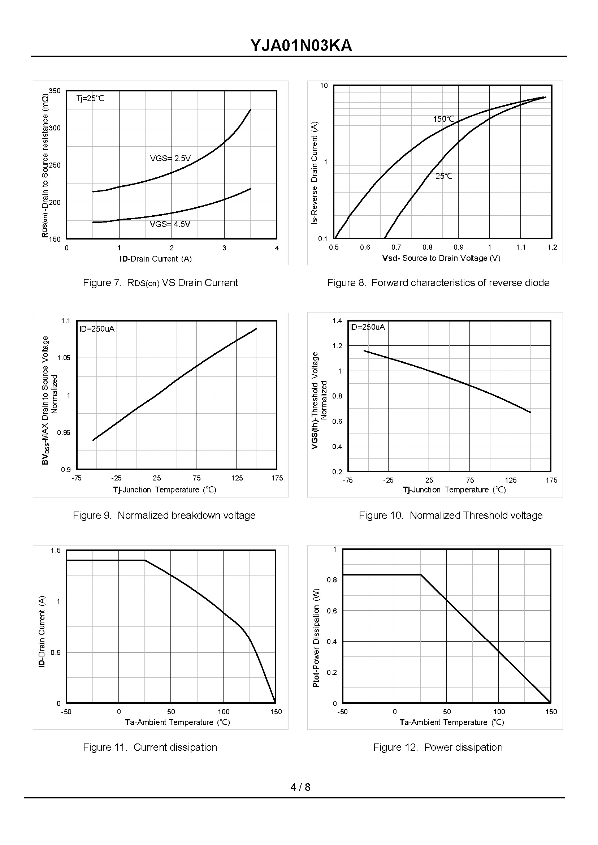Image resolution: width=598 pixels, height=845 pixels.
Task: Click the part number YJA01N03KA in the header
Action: pos(301,46)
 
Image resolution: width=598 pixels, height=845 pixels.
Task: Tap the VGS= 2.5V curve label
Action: pos(170,158)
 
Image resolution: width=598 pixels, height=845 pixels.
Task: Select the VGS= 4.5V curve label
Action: pos(170,224)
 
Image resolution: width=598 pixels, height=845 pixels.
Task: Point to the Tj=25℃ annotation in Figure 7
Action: pos(90,98)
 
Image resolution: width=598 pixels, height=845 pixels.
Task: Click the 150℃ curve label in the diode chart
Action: pos(443,119)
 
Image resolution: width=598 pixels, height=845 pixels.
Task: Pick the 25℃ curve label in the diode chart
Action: pos(444,176)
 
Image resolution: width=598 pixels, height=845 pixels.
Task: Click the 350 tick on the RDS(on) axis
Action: pos(55,91)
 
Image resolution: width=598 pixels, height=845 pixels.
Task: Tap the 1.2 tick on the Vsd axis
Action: pos(552,247)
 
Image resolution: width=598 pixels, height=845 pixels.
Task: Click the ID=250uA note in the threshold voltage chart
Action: pos(367,327)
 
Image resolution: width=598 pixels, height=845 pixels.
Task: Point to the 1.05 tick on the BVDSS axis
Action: pos(63,358)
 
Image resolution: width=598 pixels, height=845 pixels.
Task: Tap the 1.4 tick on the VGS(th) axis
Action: pos(337,320)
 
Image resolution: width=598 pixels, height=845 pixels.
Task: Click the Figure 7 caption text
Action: pos(160,283)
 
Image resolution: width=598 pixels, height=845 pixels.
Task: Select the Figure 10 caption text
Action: pos(450,515)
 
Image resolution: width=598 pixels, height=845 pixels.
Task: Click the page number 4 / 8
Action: pos(300,787)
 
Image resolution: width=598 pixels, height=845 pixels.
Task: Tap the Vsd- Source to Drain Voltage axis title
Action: pos(441,258)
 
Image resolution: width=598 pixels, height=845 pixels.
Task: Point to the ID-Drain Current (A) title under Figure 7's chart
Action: pos(155,259)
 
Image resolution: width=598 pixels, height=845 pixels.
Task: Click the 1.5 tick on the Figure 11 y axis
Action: pos(56,550)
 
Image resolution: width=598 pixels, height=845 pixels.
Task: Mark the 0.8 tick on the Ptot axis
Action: pos(332,580)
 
